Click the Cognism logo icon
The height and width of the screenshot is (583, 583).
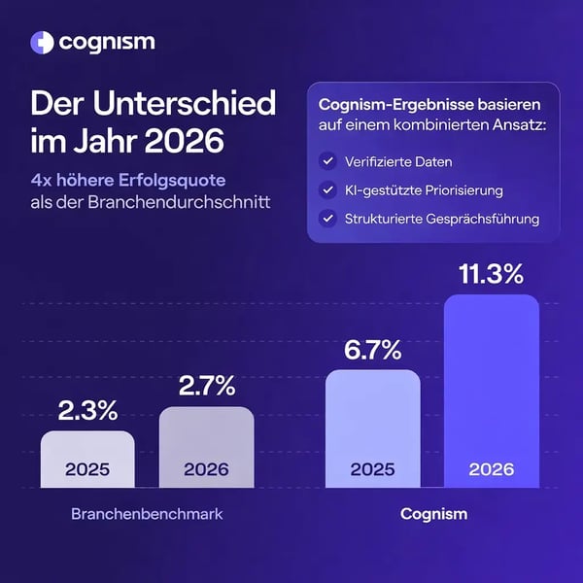coord(42,42)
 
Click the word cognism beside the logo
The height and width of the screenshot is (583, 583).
coord(106,42)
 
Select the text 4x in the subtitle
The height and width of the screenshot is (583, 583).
coord(42,180)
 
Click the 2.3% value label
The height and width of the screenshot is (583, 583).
coord(87,409)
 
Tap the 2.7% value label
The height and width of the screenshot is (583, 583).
coord(206,386)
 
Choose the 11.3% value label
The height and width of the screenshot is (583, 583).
coord(492,275)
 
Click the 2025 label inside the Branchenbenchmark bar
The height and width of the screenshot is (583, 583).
coord(87,468)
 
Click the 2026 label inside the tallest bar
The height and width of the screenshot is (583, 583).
coord(492,468)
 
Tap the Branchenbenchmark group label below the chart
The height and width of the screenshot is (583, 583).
coord(147,513)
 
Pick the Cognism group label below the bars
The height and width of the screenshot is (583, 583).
coord(433,513)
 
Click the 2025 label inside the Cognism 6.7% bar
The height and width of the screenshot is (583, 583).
coord(373,468)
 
